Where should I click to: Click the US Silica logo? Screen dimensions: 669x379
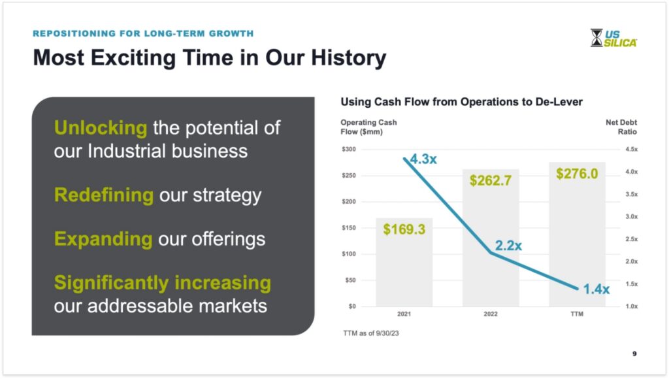(613, 38)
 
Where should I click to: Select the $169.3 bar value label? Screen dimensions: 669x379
(404, 229)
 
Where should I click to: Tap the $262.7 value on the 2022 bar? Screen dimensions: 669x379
(490, 180)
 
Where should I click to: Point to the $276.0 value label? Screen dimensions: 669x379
(577, 174)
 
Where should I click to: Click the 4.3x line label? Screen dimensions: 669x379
(423, 159)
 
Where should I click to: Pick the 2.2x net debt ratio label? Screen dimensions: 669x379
(508, 246)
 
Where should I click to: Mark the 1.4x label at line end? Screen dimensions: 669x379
(596, 289)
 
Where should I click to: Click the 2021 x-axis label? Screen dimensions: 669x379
(404, 314)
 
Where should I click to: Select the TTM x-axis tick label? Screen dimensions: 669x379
(577, 314)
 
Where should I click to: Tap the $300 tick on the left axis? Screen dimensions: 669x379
(349, 150)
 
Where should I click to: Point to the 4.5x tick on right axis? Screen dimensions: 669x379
(632, 150)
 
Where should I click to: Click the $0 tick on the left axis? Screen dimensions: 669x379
(352, 306)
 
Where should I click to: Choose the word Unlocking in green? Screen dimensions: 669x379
(101, 127)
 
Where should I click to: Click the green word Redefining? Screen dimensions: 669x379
(104, 195)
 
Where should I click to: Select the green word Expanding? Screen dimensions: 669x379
(103, 239)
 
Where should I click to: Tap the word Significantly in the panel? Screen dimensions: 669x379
(112, 283)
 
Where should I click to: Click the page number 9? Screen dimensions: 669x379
(634, 354)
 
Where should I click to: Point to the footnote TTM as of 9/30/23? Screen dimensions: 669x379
(371, 333)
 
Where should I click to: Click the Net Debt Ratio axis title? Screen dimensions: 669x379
(621, 127)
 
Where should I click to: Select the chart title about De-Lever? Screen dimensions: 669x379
(461, 101)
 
